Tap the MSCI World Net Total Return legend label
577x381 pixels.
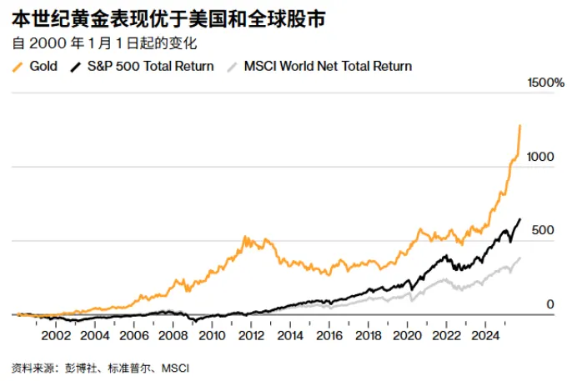pos(328,66)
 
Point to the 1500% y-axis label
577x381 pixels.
pos(546,83)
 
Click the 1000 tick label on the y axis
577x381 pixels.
pos(539,157)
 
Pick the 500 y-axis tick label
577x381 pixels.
pos(543,230)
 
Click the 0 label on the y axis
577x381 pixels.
pos(550,304)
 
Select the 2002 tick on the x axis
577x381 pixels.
pos(55,337)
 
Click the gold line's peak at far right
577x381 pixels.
pos(520,126)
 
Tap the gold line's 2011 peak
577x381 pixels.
pos(246,238)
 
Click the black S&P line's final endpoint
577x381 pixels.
pos(520,219)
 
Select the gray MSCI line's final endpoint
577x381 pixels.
pos(520,258)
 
